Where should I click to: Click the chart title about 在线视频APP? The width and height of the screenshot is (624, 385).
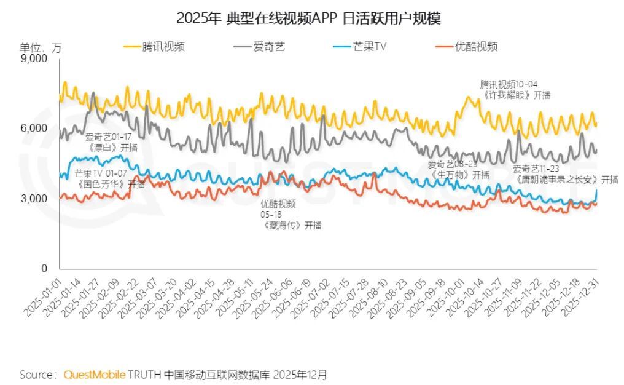pos(308,18)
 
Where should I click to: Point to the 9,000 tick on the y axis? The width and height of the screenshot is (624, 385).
pos(34,59)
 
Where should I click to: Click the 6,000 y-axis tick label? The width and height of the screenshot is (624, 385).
pos(34,129)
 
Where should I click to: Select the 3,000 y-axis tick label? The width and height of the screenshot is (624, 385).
pos(34,199)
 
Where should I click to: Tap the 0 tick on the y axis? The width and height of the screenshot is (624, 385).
pos(44,269)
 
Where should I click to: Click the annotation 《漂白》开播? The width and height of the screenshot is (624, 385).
pos(112,148)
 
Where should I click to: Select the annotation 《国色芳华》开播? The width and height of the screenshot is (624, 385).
pos(110,183)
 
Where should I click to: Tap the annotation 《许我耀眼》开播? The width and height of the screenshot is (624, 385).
pos(516,95)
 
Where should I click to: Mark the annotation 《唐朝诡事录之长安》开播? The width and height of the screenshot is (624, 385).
pos(557,179)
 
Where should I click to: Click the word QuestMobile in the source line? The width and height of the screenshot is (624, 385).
pos(95,375)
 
